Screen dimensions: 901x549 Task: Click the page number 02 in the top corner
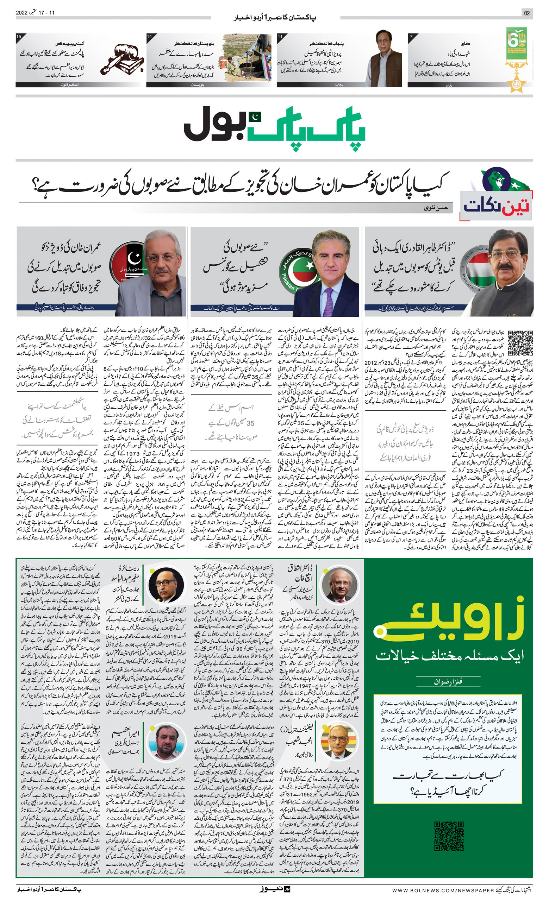527,13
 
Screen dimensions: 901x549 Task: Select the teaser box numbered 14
208,60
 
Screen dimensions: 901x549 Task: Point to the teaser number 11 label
280,37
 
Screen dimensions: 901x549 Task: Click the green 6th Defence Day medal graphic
517,58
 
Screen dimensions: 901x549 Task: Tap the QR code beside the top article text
520,343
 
